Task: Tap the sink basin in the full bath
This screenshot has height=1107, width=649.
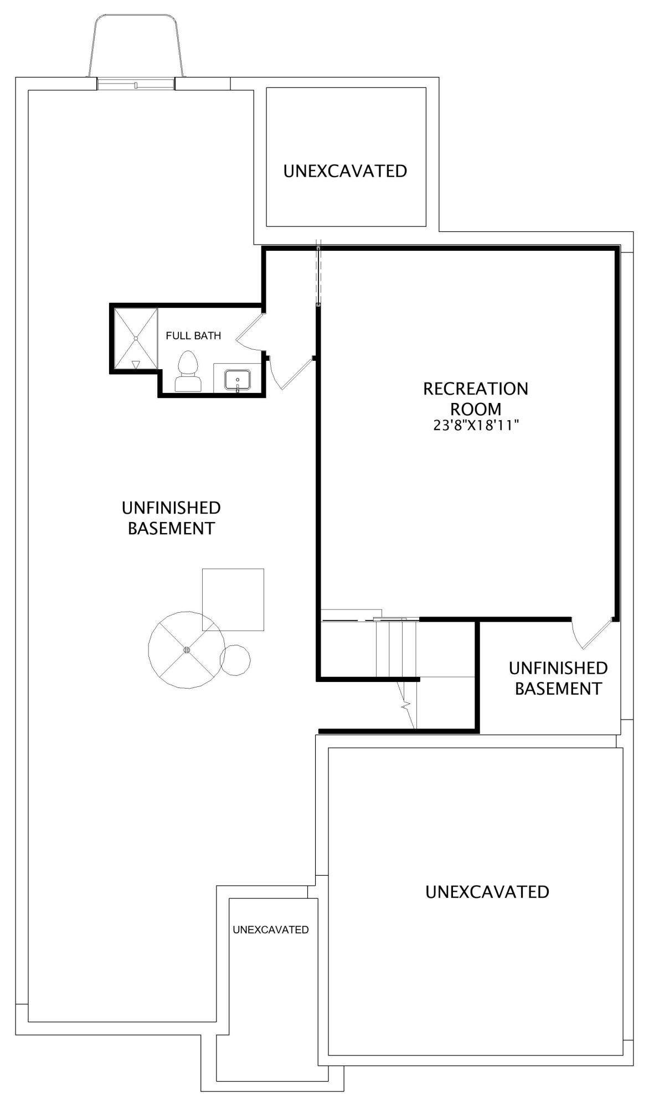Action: click(x=238, y=380)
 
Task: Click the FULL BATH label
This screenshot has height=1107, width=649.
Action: click(x=193, y=335)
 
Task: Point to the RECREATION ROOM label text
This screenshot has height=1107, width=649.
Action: click(x=476, y=399)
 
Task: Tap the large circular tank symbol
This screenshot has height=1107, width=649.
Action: click(x=187, y=650)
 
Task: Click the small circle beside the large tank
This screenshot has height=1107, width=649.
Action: click(x=235, y=660)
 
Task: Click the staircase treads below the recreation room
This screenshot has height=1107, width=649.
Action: click(x=396, y=649)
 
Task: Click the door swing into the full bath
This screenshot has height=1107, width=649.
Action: click(x=249, y=334)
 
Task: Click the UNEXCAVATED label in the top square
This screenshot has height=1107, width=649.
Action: click(x=345, y=171)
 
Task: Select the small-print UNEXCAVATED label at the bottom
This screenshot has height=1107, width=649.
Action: click(x=271, y=929)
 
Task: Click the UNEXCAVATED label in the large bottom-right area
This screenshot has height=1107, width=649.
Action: click(x=487, y=892)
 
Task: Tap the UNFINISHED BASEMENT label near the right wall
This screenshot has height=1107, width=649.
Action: click(x=558, y=678)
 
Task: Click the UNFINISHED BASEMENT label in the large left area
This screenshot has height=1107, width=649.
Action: click(x=171, y=518)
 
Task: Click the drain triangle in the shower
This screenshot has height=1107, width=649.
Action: click(x=136, y=364)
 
